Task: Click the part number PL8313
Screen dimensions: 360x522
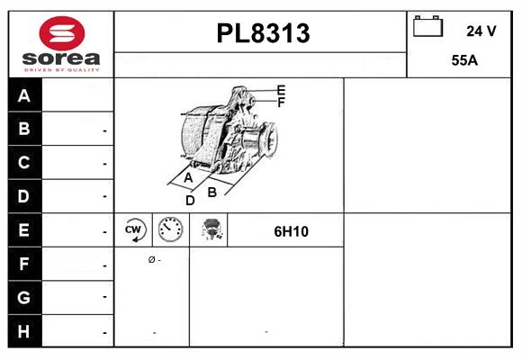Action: (263, 33)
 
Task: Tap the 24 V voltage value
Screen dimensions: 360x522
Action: (481, 31)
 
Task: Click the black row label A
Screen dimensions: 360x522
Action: (24, 96)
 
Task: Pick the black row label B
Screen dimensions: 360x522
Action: (24, 130)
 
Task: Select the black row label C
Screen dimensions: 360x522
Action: (24, 163)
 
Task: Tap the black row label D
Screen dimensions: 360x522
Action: (24, 196)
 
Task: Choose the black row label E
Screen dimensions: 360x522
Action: (24, 230)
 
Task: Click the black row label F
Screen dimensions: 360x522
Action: (24, 265)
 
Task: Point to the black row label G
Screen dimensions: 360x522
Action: (24, 297)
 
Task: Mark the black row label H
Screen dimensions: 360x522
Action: (24, 331)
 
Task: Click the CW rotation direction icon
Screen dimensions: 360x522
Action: (134, 230)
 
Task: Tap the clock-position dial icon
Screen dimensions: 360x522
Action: (170, 230)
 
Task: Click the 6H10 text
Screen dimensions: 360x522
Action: (291, 231)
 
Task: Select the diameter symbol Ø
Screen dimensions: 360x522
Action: (151, 259)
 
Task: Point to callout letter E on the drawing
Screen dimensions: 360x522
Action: (282, 90)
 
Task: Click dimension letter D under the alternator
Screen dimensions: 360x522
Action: (190, 200)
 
